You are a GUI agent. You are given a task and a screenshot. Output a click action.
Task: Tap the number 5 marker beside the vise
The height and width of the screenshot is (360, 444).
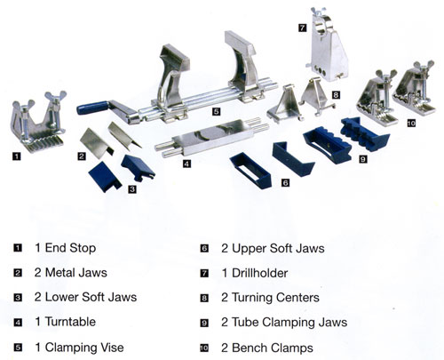(217, 112)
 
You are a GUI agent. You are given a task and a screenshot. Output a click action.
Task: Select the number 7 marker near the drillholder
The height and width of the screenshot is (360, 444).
(302, 28)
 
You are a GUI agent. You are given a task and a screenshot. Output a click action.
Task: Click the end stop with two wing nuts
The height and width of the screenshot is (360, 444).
(37, 123)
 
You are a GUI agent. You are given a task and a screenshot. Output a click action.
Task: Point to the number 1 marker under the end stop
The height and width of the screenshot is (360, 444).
(17, 156)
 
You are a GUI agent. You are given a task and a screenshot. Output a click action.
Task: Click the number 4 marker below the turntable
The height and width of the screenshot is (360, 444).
(186, 164)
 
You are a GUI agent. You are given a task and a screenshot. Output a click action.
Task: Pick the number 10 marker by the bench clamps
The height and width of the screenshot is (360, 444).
(411, 123)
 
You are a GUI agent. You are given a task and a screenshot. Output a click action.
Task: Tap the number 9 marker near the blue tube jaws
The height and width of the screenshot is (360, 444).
(363, 159)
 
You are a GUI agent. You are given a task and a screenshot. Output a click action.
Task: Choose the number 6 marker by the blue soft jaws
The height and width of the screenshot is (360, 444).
(285, 183)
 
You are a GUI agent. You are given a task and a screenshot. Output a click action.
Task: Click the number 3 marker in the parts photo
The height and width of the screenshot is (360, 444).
(132, 189)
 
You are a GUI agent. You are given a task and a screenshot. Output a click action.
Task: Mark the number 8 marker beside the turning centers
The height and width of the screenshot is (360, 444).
(336, 95)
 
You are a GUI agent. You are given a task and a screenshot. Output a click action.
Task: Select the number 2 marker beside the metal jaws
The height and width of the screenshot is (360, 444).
(82, 156)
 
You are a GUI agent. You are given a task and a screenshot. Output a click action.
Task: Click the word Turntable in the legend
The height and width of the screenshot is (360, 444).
(70, 322)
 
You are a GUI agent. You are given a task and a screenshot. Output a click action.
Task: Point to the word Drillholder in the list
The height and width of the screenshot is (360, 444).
(259, 273)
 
